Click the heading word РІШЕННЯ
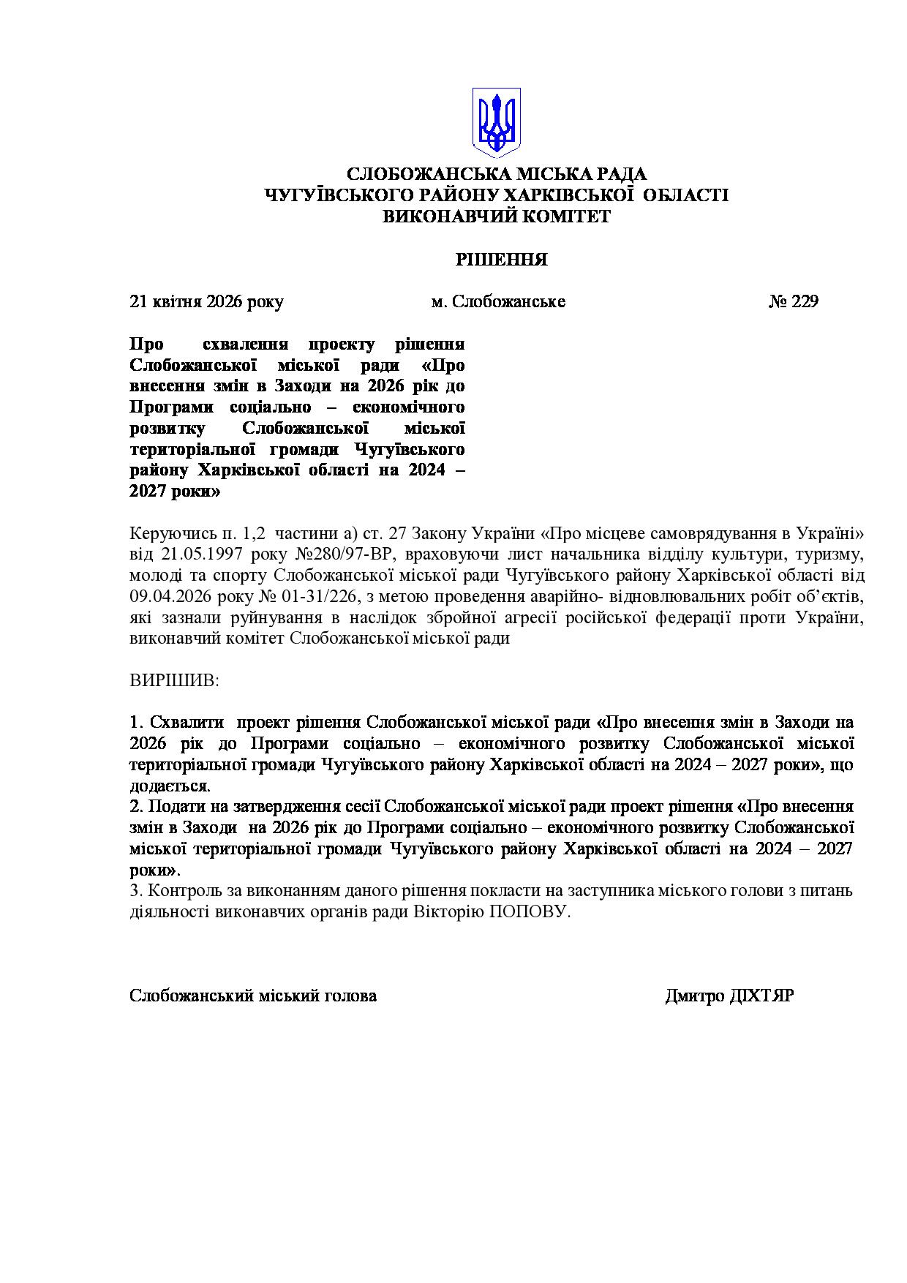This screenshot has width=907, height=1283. [x=502, y=260]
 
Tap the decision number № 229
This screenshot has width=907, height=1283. [x=794, y=301]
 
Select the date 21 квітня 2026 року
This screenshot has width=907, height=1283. [x=206, y=301]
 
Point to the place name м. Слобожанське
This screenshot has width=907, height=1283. [x=498, y=301]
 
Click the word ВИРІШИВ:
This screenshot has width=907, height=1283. [x=174, y=680]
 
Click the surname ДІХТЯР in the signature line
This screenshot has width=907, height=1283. [x=761, y=996]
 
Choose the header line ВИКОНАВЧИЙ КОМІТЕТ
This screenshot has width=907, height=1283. [x=497, y=217]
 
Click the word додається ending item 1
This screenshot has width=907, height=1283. [x=169, y=786]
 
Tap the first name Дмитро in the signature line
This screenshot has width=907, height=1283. [x=695, y=996]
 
